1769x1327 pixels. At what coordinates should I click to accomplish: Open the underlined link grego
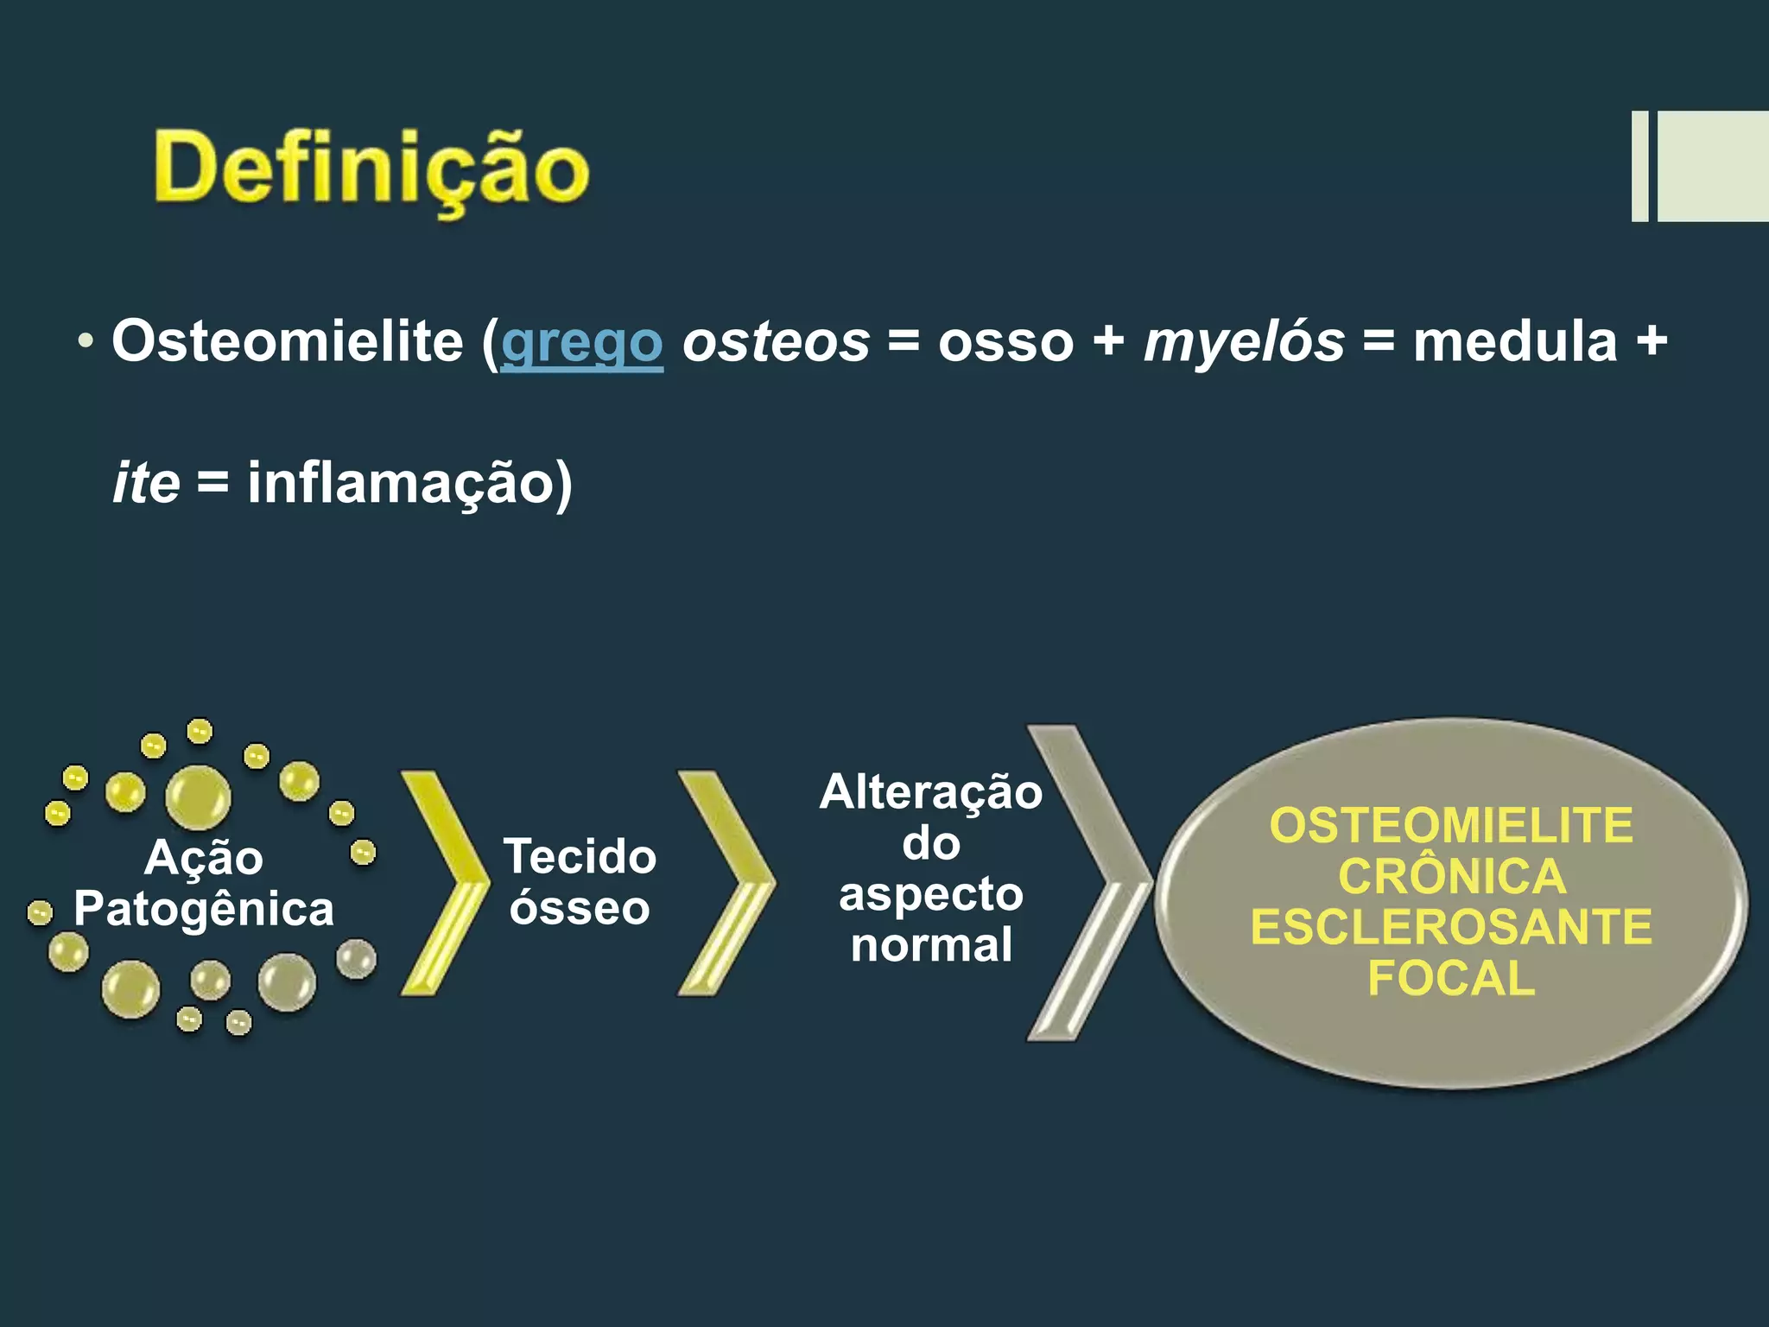coord(581,342)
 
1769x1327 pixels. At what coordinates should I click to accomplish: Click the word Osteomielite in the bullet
coord(288,340)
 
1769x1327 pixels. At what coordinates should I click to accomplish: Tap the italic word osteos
coord(776,342)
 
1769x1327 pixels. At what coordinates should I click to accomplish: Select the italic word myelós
coord(1244,342)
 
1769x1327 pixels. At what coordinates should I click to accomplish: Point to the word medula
coord(1514,340)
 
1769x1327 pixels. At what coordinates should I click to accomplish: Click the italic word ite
coord(146,482)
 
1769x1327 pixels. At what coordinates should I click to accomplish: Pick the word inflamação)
coord(409,482)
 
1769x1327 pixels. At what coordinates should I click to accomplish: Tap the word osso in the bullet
coord(1006,342)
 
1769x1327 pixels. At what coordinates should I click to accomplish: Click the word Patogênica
coord(204,909)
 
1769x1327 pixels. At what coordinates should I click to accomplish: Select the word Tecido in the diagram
coord(580,857)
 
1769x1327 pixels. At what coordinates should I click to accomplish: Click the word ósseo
coord(580,908)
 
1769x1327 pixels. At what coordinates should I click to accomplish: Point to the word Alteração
coord(931,792)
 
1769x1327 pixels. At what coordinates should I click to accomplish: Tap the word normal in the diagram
coord(931,944)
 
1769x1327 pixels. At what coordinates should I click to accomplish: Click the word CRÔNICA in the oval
coord(1452,876)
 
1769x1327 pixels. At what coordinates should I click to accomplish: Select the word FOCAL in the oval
coord(1452,978)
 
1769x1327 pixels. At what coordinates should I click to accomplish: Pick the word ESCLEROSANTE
coord(1452,927)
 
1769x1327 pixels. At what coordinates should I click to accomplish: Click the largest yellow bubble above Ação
coord(198,797)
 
